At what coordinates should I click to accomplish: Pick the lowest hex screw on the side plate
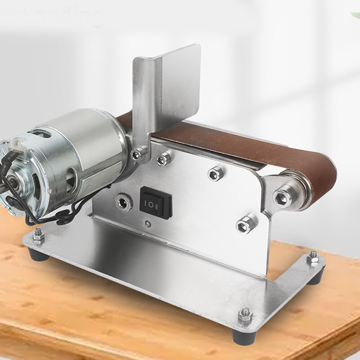[247, 223]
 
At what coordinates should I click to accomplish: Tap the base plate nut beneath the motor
[38, 235]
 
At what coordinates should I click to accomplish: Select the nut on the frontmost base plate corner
[244, 315]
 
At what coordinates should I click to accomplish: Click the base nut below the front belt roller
[312, 258]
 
